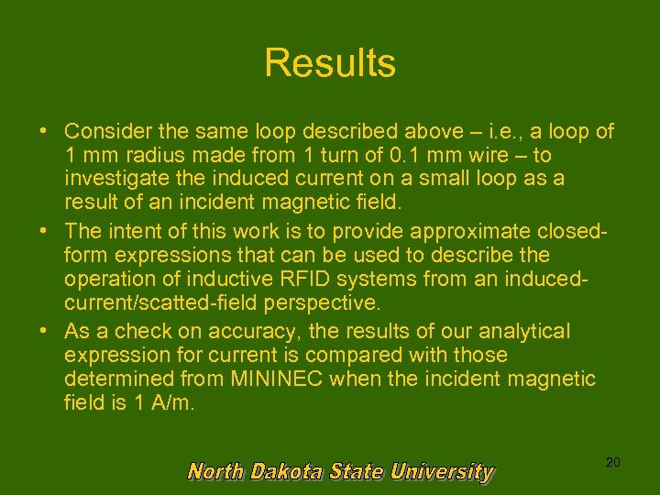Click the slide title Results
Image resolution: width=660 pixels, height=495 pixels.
point(330,63)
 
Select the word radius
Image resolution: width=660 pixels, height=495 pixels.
point(137,156)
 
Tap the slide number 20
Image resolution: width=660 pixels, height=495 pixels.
point(612,463)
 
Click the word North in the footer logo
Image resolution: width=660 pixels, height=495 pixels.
point(215,472)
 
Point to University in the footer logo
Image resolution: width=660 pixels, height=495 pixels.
point(442,472)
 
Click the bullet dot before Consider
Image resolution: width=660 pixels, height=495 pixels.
point(44,131)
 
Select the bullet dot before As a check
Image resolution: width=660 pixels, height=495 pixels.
point(44,330)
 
